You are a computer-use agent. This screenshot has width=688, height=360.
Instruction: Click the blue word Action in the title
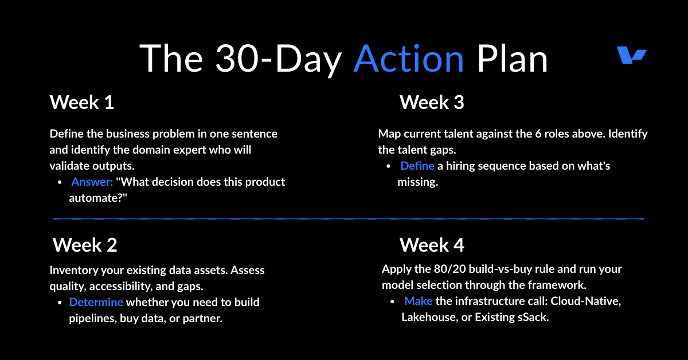[x=408, y=58]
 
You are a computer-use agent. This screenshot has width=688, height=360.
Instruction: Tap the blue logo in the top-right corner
[x=631, y=55]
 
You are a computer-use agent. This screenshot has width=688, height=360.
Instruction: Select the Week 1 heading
[x=81, y=102]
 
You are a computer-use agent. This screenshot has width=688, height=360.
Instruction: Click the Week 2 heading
[x=85, y=245]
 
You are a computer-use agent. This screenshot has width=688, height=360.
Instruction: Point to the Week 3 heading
[x=432, y=102]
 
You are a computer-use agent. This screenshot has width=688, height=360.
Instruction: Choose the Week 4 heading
[x=432, y=245]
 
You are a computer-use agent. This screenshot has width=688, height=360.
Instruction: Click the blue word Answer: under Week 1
[x=92, y=182]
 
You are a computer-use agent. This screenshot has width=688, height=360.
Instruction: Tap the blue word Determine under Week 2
[x=96, y=302]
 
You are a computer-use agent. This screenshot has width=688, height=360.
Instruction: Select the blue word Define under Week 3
[x=417, y=166]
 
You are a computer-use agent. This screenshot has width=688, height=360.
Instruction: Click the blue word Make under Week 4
[x=419, y=301]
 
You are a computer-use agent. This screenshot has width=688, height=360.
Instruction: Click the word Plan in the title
[x=512, y=58]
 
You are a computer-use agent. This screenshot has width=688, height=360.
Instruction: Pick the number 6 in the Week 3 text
[x=538, y=134]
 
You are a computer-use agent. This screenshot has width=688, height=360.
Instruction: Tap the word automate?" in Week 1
[x=98, y=198]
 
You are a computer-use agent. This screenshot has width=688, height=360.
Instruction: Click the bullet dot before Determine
[x=60, y=303]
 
